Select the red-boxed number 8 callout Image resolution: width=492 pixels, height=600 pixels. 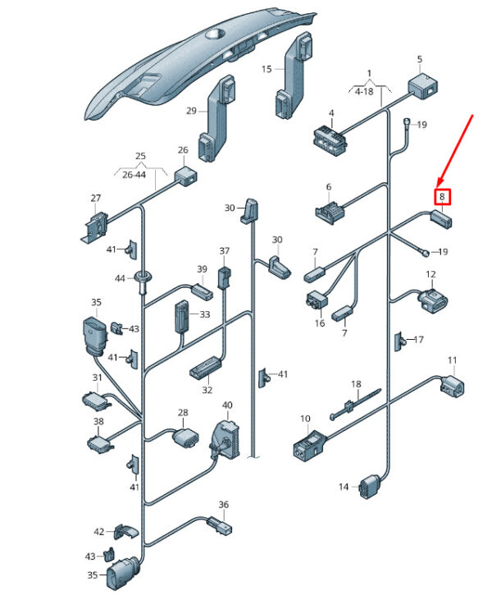[442, 197]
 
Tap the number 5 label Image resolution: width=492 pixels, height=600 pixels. [419, 60]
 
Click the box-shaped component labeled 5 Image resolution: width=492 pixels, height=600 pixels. [423, 85]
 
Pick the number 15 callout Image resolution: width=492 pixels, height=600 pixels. [266, 70]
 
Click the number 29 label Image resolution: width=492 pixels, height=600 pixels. [191, 111]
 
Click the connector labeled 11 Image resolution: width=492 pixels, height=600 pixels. [452, 383]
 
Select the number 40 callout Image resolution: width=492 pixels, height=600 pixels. [227, 405]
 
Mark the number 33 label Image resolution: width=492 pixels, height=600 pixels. [205, 314]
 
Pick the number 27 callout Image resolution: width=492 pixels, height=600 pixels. [96, 199]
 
